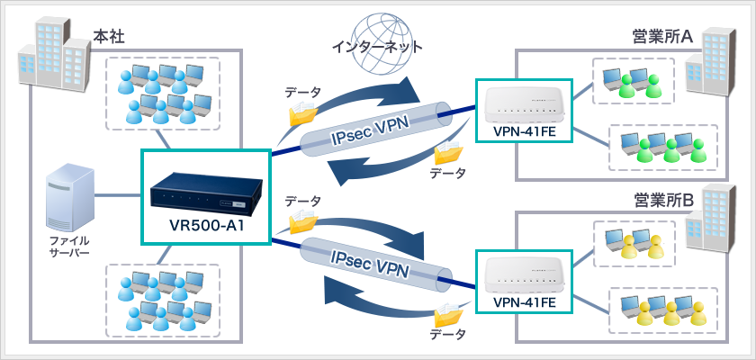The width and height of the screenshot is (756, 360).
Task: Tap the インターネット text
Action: pos(377,45)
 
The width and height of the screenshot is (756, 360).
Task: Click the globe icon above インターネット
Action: pos(375,20)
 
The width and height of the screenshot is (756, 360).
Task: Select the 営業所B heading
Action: pos(661,199)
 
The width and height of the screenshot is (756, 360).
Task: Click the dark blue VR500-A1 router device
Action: pos(206,191)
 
